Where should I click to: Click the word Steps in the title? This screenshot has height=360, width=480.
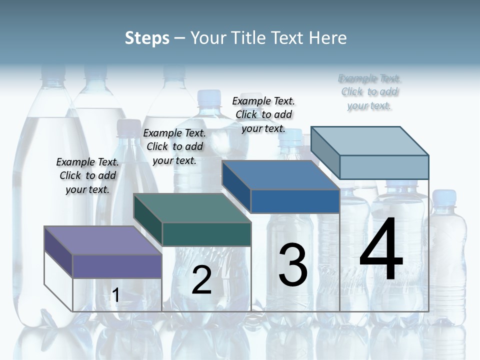147,38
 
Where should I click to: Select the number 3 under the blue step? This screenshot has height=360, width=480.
293,264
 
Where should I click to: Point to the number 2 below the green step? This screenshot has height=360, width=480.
201,280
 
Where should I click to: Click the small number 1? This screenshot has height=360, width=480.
116,295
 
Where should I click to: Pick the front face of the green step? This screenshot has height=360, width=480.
206,234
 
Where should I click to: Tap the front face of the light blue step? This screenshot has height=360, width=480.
384,167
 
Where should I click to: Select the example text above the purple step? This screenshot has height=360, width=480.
87,175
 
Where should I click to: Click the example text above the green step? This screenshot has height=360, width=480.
174,146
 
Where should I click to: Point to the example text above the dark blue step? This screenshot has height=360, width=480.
263,114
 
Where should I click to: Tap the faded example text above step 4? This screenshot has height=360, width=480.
369,92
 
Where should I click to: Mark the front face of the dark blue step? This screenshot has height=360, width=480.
295,201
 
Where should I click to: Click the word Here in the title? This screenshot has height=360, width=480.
328,38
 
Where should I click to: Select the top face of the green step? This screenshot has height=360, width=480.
192,208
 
